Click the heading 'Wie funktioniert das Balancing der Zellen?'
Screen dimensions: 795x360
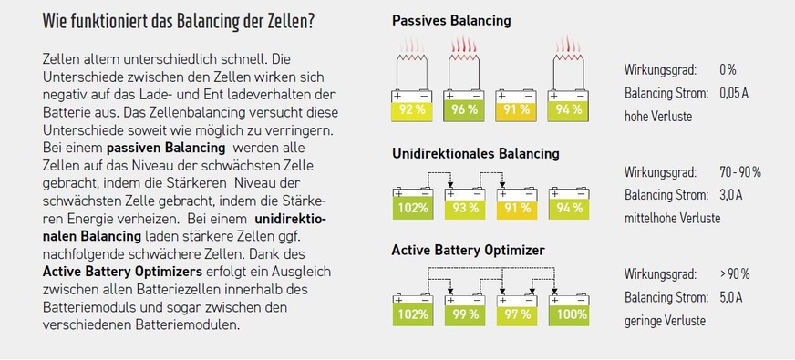(185, 22)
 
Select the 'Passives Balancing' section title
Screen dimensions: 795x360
(451, 20)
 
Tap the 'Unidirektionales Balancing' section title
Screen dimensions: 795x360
(475, 153)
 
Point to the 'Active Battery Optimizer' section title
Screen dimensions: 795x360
(468, 250)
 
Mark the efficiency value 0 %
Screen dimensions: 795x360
(727, 70)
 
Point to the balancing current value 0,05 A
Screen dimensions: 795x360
(733, 93)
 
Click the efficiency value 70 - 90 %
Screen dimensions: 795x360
(739, 172)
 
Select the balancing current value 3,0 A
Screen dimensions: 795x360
(731, 195)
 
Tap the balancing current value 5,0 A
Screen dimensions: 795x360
(731, 297)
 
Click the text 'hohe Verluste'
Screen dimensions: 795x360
(658, 117)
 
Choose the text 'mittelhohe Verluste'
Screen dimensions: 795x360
(672, 219)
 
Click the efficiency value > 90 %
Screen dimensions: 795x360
(735, 273)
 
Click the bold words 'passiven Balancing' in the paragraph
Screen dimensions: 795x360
(166, 147)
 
